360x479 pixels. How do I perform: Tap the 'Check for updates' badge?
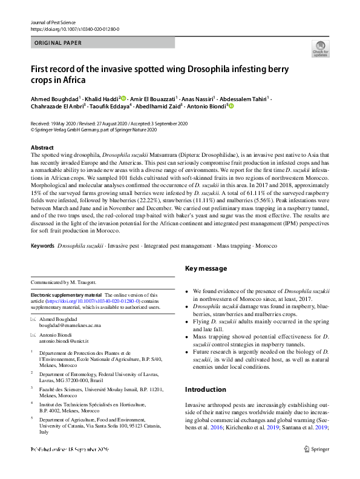(320, 49)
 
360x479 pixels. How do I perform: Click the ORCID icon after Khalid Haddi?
(123, 98)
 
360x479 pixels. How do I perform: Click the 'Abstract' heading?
(42, 148)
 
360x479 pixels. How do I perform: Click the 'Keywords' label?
(42, 263)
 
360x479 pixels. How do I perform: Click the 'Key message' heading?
(206, 285)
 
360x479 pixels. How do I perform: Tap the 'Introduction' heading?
(205, 389)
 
